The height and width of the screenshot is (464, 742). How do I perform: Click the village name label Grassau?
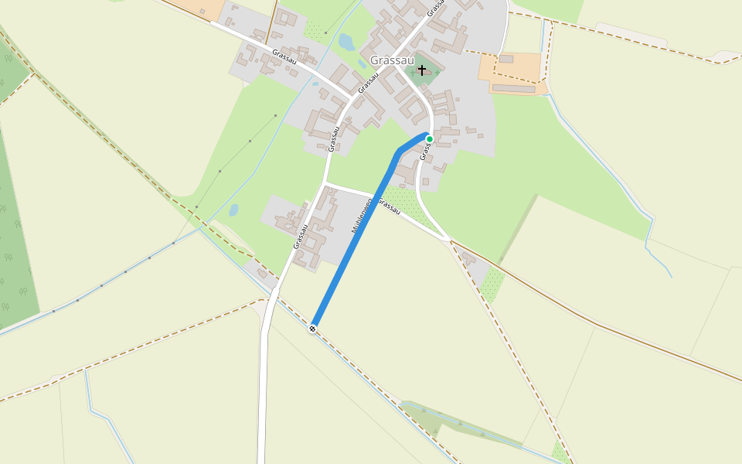pyautogui.click(x=392, y=60)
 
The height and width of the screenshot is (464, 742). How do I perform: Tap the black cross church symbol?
pyautogui.click(x=422, y=70)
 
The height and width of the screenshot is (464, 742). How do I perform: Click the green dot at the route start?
pyautogui.click(x=430, y=139)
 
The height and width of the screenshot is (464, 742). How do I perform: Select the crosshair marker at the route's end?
pyautogui.click(x=312, y=329)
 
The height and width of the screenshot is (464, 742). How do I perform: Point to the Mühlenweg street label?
pyautogui.click(x=362, y=216)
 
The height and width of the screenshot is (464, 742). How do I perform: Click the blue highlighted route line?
pyautogui.click(x=356, y=240)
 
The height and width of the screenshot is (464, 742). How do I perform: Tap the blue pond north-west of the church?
pyautogui.click(x=346, y=43)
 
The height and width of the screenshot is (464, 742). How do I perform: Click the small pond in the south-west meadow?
pyautogui.click(x=233, y=210)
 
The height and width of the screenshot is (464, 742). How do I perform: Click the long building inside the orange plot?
pyautogui.click(x=513, y=88)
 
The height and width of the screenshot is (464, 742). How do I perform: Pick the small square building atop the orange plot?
pyautogui.click(x=506, y=59)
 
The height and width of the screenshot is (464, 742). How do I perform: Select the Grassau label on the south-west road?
pyautogui.click(x=301, y=236)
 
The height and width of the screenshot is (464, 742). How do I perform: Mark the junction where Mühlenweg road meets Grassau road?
pyautogui.click(x=326, y=183)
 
